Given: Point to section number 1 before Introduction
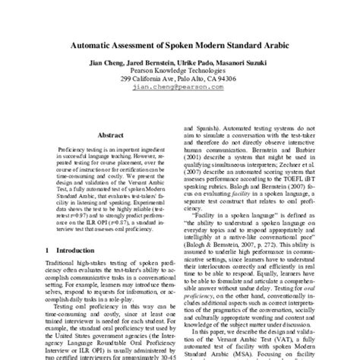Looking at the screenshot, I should pos(48,249).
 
